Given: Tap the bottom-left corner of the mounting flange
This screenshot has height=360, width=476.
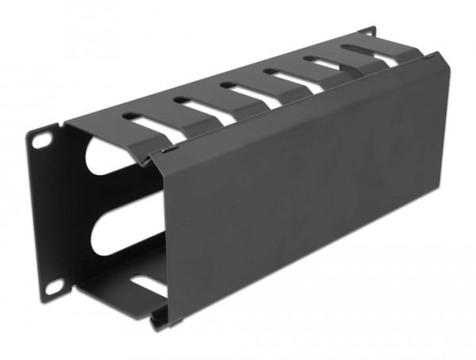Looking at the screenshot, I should (44, 297).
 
